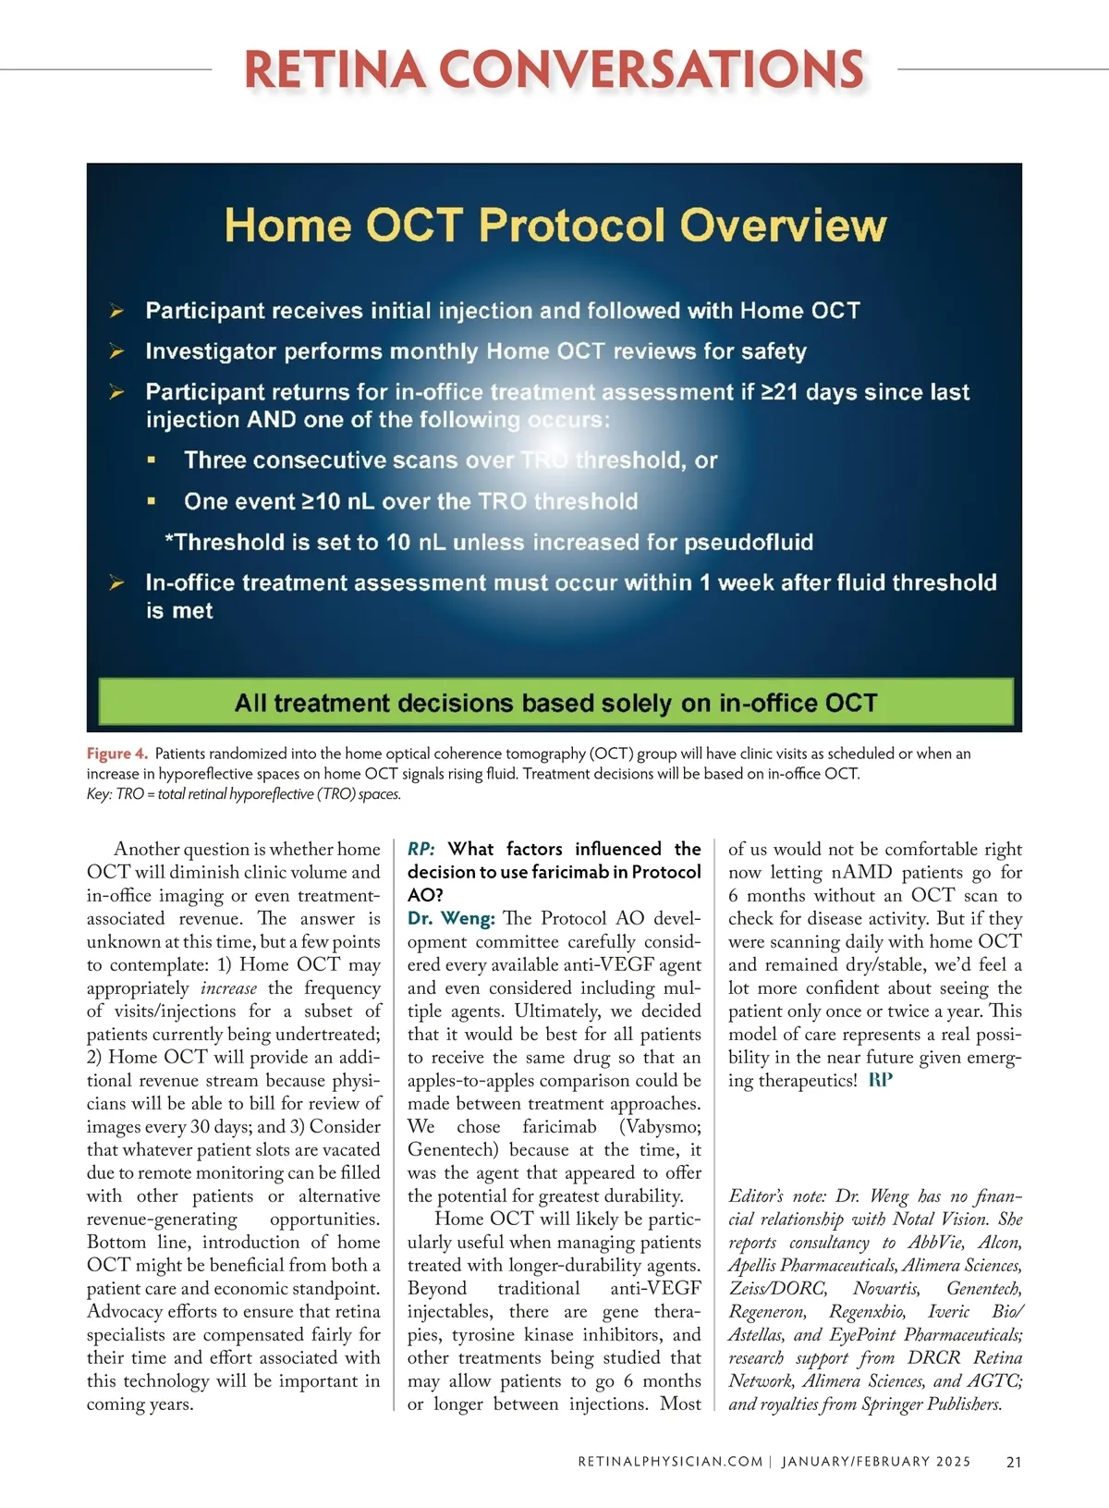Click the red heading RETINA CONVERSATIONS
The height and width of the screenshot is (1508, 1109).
[554, 70]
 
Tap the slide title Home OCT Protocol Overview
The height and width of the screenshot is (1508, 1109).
[555, 226]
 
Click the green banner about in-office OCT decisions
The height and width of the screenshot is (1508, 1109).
[555, 703]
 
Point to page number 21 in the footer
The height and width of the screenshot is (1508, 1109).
[1014, 1462]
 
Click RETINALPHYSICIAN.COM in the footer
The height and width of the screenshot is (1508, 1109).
[670, 1462]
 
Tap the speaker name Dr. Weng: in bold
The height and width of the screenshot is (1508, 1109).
[451, 918]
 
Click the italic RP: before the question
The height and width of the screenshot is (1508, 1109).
[421, 849]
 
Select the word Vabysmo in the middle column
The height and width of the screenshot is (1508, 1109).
[662, 1126]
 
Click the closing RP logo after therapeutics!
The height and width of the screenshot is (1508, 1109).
[881, 1080]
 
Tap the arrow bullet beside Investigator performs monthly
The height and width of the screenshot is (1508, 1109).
[117, 351]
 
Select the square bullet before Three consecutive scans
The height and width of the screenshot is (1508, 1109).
[152, 460]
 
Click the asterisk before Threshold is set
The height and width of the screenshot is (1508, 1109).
[169, 541]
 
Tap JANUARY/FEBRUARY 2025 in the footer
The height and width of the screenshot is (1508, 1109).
[876, 1462]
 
